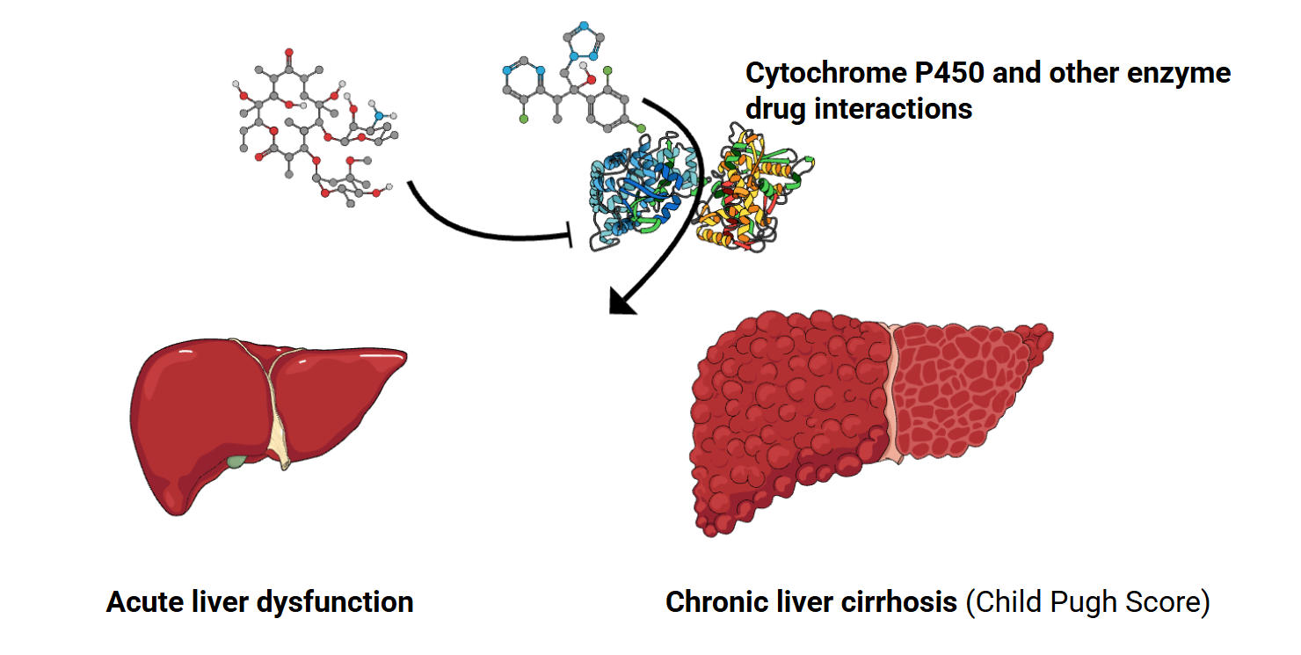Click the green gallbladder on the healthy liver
coord(236,461)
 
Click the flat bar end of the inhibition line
coord(572,235)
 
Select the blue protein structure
coord(637,189)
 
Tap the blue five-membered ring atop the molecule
coord(584,39)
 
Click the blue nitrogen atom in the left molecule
coord(378,115)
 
